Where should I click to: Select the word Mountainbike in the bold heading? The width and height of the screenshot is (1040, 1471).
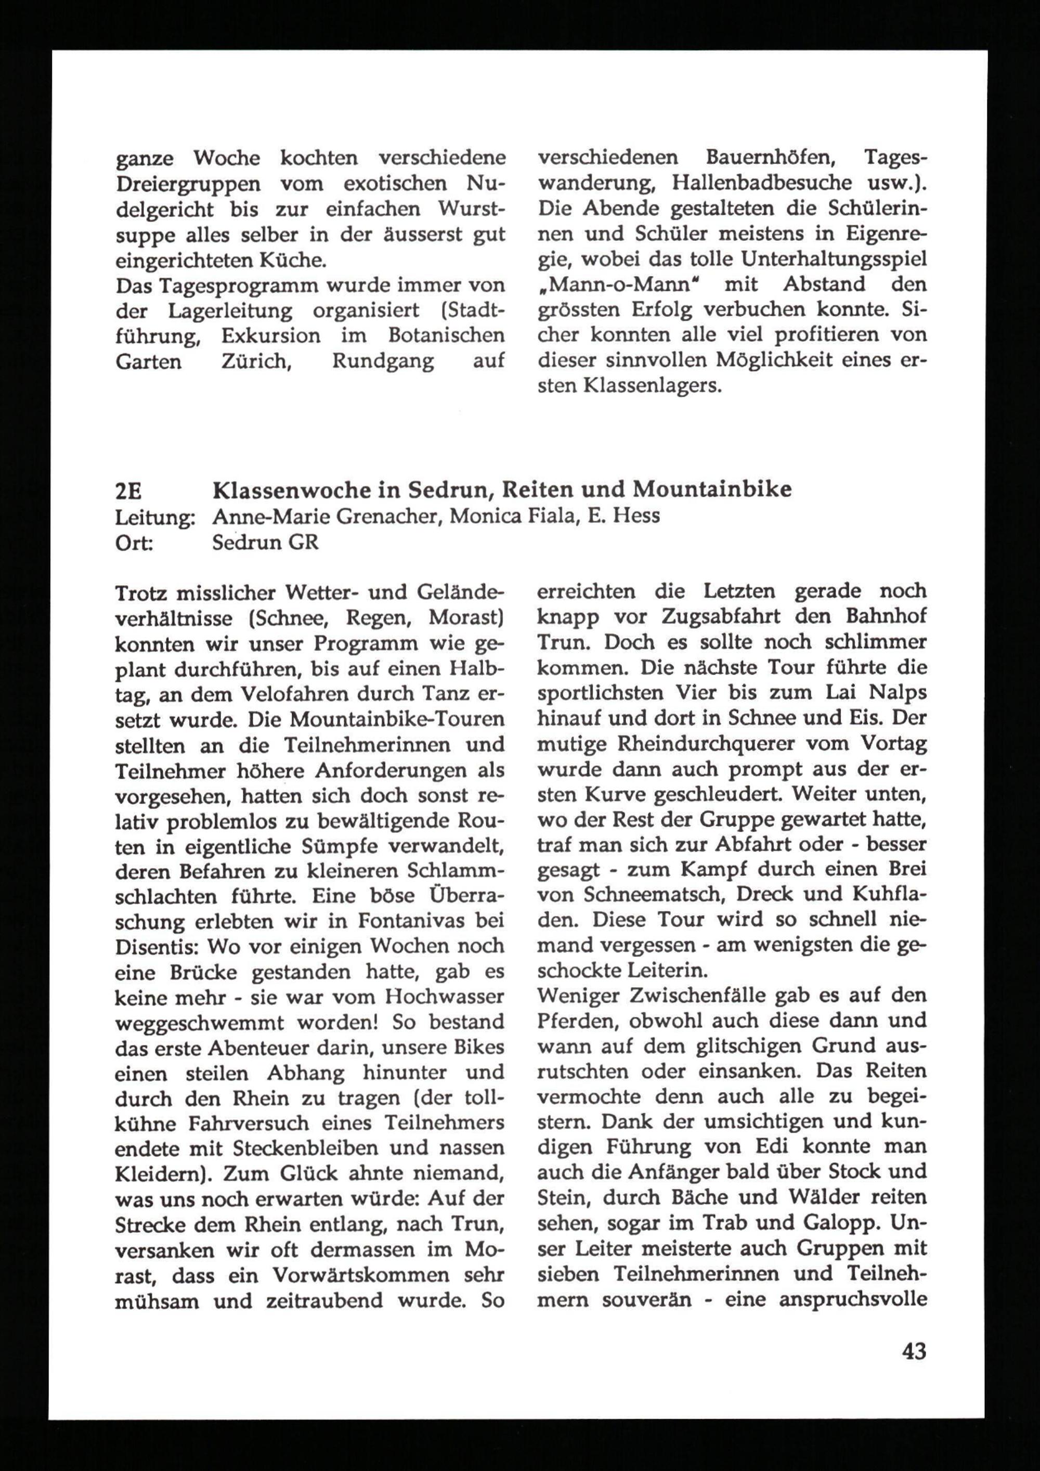(712, 490)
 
